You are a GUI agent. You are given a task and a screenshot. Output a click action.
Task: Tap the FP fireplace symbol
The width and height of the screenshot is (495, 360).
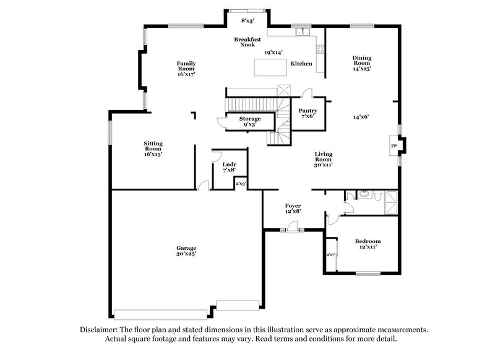tap(394, 146)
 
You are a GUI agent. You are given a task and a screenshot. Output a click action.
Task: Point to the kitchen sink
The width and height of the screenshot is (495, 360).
tap(303, 32)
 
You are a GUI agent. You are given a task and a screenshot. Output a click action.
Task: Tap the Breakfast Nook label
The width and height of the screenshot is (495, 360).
tap(243, 42)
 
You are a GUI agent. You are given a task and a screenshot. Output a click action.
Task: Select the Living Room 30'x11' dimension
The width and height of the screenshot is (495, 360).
tap(323, 165)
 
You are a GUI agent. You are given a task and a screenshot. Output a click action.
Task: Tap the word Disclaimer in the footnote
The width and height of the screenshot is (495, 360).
tap(101, 330)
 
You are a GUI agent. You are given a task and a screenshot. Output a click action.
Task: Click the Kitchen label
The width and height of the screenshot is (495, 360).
tap(301, 64)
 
